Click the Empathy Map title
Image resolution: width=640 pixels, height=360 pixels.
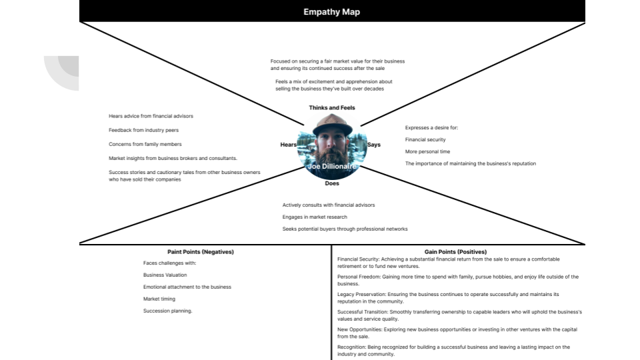[331, 12]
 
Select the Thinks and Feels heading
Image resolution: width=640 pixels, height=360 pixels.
[332, 107]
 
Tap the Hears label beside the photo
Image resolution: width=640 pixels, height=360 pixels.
[288, 145]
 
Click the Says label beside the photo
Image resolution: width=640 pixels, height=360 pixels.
[374, 145]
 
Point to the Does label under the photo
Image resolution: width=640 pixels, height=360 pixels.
[332, 183]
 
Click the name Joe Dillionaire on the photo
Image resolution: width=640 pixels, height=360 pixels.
[332, 167]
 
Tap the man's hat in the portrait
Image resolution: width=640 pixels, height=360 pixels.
[332, 124]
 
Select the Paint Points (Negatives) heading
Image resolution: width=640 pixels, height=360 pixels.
[201, 252]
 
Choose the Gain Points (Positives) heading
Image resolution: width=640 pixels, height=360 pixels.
[460, 252]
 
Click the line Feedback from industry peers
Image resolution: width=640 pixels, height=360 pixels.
[143, 130]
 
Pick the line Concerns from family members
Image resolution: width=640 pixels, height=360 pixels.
[145, 144]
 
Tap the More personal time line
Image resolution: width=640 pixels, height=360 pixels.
[427, 151]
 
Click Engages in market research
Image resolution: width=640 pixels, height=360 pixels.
[315, 217]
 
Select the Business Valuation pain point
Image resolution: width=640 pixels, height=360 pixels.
[165, 275]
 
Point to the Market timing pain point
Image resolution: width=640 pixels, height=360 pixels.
[159, 299]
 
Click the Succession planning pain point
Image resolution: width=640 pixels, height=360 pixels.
[167, 311]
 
